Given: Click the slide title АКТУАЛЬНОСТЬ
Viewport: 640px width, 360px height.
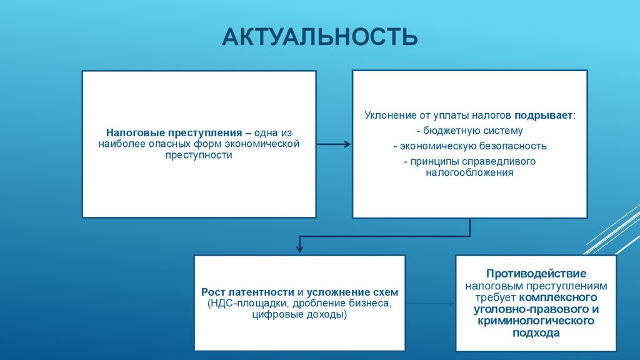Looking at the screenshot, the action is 320,37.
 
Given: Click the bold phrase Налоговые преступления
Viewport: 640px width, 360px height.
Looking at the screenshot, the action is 174,133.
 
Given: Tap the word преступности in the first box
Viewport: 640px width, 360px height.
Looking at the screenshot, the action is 199,155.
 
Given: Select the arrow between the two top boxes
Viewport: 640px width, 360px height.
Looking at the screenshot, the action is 333,144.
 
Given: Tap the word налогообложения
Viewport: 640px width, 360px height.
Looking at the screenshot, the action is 469,172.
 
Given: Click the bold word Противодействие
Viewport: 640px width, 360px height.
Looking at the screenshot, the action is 536,274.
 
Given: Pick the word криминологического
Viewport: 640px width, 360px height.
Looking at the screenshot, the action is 536,321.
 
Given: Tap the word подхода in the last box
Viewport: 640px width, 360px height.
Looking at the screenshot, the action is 536,333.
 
